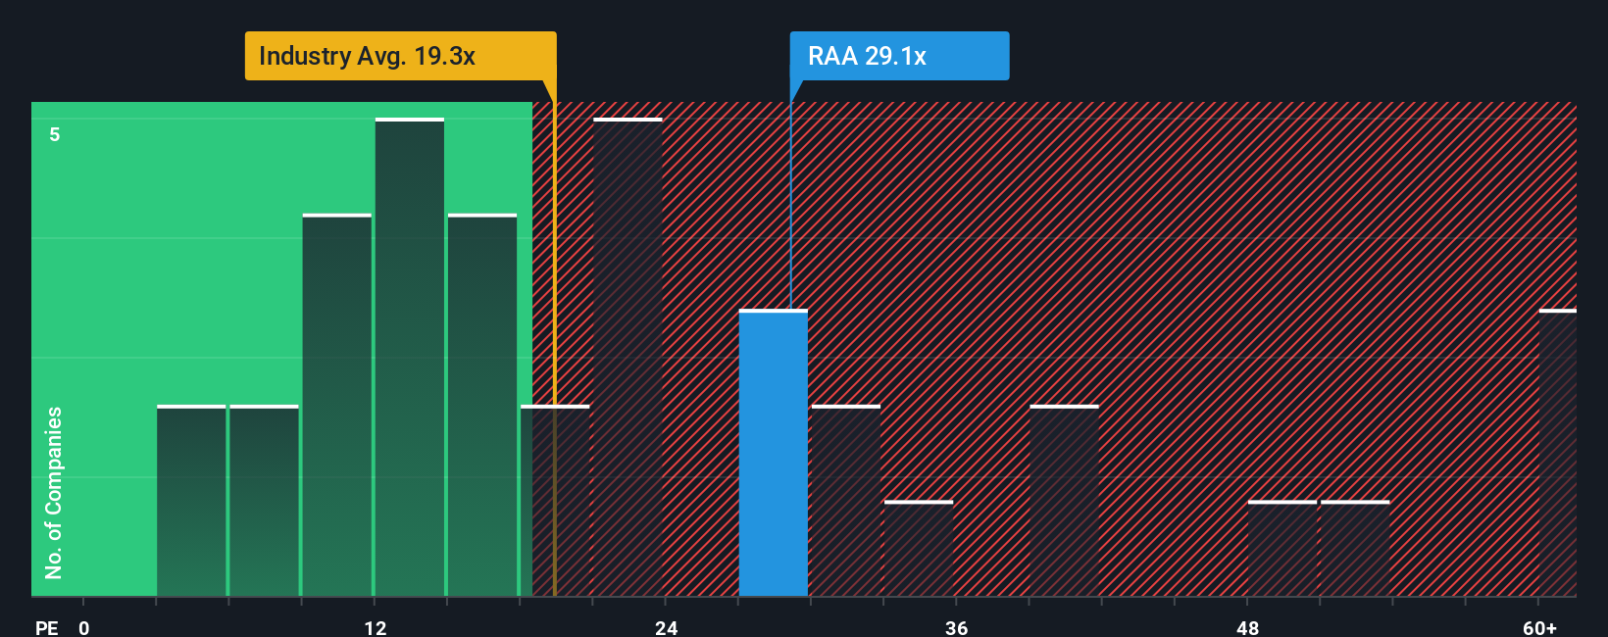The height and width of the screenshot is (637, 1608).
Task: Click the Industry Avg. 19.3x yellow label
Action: click(400, 56)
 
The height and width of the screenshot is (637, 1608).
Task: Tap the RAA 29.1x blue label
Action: click(899, 56)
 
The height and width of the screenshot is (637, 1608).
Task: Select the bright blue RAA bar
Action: click(773, 453)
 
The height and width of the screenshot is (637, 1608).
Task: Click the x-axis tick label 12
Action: click(376, 627)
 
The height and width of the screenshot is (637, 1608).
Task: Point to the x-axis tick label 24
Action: click(666, 627)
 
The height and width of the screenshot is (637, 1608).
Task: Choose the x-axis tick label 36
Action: click(957, 627)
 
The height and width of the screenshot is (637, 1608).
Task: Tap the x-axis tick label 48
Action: click(1247, 627)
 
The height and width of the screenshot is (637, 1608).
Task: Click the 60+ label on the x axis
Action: click(1539, 627)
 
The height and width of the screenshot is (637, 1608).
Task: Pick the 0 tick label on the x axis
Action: click(84, 627)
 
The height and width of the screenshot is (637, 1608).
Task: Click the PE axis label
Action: click(46, 627)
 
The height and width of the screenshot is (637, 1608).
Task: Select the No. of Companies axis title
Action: click(54, 492)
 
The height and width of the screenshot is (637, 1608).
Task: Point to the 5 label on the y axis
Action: click(55, 134)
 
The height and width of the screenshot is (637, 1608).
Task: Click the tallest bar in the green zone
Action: click(410, 358)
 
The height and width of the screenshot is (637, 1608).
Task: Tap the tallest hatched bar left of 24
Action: click(628, 358)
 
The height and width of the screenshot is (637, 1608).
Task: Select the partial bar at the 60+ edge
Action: click(1557, 453)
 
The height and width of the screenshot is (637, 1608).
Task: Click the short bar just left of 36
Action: click(918, 549)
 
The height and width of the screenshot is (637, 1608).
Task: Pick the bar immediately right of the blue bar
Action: click(845, 501)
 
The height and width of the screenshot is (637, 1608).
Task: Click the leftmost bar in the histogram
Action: click(191, 501)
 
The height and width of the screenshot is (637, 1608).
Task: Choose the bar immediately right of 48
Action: click(1281, 549)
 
